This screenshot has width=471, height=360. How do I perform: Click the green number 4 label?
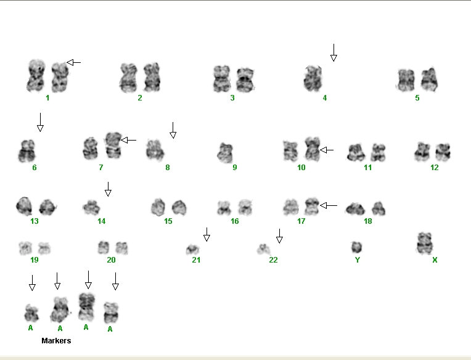point(325,98)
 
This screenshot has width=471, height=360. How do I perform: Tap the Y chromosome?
point(356,247)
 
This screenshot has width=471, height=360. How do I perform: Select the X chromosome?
point(425,243)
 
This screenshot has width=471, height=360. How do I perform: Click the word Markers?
point(56,340)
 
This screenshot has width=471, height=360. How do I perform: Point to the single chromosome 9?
point(225,153)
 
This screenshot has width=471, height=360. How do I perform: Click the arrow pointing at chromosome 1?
point(73,62)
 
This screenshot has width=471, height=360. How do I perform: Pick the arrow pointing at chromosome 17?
point(329,205)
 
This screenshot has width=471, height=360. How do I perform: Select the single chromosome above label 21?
point(192,250)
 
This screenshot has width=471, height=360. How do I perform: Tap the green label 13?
point(35,221)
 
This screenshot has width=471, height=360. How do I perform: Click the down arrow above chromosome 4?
point(334,52)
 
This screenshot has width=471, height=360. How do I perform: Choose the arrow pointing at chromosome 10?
point(327,150)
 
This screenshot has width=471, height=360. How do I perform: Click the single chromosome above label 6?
point(27,151)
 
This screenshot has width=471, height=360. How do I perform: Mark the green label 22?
point(273,260)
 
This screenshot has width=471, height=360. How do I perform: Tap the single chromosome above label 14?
point(91,208)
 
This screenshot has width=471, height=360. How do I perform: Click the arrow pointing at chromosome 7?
point(129,140)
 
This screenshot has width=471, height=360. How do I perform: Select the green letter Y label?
point(358,260)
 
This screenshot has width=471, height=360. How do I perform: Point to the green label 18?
point(368,221)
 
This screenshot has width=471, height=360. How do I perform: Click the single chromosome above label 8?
point(155,150)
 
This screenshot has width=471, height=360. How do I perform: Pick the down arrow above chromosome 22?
point(279,236)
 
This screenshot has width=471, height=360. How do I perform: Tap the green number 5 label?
point(417,98)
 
